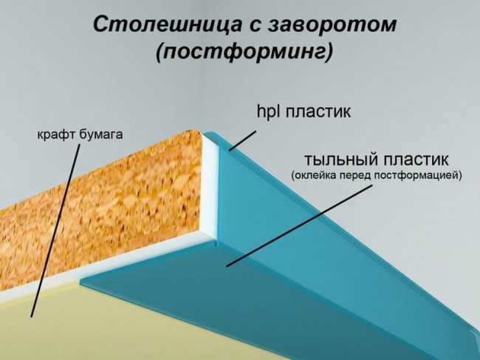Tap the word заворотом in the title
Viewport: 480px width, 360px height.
pos(332,25)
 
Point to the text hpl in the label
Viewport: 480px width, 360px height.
pos(269,111)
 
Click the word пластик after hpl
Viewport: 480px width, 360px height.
pos(318,112)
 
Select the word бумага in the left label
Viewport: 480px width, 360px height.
pos(100,135)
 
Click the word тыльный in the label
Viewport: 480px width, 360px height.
pos(340,160)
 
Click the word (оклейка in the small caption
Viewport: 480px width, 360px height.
pos(312,176)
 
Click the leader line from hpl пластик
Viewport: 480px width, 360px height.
pos(242,141)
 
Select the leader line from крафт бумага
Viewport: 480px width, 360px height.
pos(55,231)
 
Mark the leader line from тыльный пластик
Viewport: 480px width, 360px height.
pos(299,225)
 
